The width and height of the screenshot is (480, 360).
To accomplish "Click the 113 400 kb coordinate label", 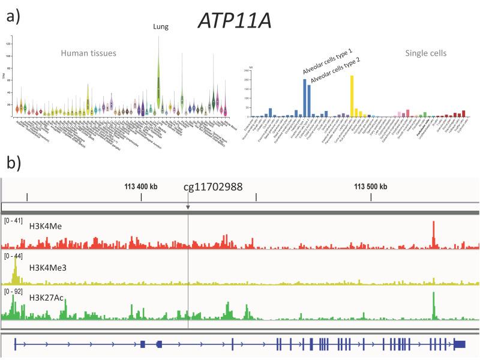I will [141, 186].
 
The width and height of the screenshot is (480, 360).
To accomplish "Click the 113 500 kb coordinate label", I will [370, 186].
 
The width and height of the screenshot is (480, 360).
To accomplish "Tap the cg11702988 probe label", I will [213, 187].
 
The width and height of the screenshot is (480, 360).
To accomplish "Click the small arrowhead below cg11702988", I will [188, 208].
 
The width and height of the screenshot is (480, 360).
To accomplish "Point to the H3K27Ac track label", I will [44, 296].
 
